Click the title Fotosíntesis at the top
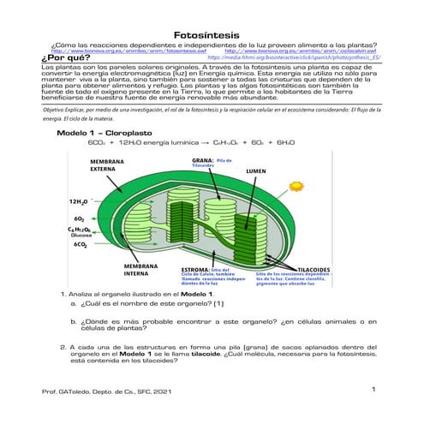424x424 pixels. (x=212, y=35)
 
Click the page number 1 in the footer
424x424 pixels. (x=374, y=390)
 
